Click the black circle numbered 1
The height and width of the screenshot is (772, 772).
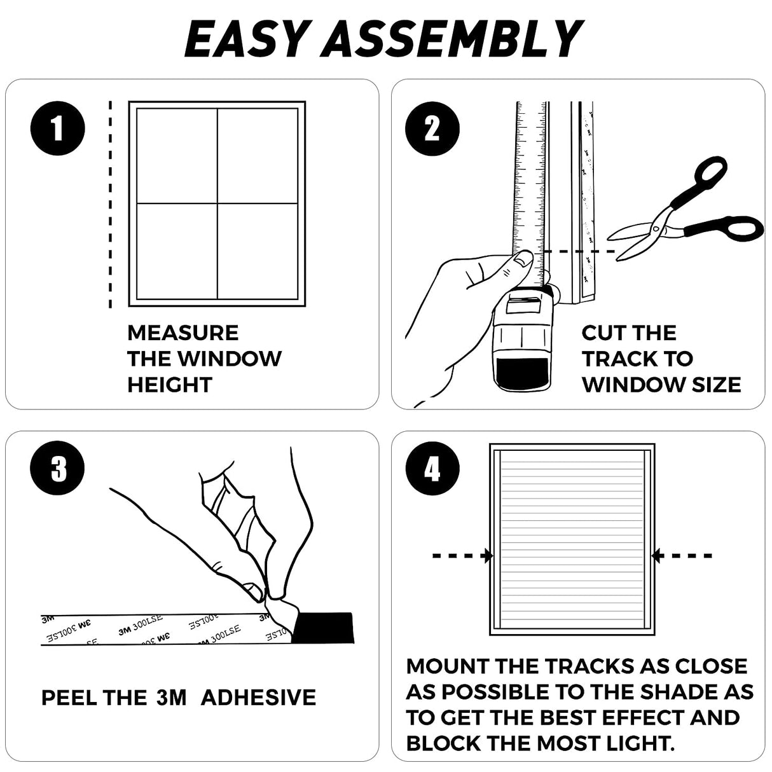coord(57,129)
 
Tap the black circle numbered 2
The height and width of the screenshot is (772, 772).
coord(432,129)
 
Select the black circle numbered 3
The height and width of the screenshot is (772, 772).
coord(57,469)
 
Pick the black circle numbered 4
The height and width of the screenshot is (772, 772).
coord(432,469)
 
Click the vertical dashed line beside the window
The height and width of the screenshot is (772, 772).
coord(111,203)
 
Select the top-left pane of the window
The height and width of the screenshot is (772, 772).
coord(177,156)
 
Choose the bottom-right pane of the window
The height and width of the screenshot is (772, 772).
coord(258,251)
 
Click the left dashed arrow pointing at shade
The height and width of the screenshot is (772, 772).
coord(462,556)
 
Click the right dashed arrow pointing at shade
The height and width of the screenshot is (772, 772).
coord(683,556)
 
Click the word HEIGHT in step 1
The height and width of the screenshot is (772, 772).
coord(169,385)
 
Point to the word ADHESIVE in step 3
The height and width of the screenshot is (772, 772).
coord(258,698)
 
